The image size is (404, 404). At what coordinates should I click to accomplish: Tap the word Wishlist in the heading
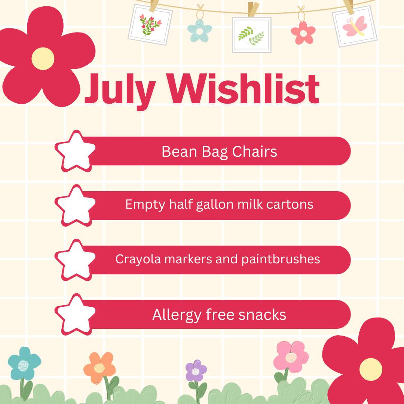(243, 88)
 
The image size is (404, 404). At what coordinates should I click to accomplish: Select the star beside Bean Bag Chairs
(75, 151)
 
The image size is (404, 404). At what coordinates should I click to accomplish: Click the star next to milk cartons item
(75, 206)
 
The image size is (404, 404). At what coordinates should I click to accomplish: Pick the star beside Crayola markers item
(75, 260)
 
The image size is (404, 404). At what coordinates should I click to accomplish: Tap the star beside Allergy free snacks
(75, 314)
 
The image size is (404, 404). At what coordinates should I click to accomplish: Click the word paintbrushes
(281, 259)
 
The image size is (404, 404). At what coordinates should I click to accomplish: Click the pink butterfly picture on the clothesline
(355, 27)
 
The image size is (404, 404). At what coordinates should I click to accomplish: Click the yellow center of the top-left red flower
(43, 58)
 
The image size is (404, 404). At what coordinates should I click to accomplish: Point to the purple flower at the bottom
(196, 370)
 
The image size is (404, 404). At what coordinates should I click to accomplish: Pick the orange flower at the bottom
(100, 368)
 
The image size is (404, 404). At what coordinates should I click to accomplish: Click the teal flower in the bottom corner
(24, 364)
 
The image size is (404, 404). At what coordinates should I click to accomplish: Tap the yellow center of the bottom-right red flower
(371, 369)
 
